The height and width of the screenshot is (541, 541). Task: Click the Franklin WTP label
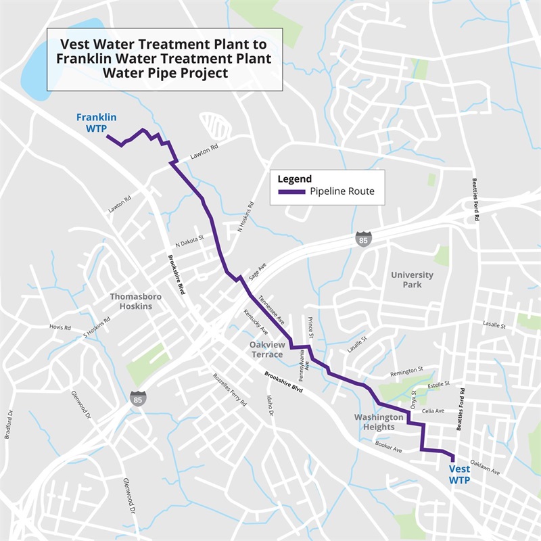tap(96, 122)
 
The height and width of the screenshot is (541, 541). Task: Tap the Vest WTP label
tap(460, 474)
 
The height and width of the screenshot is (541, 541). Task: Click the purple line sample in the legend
tap(291, 192)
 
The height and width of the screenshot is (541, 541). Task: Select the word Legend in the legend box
tap(295, 179)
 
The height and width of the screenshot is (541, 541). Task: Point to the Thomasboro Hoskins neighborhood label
tap(131, 301)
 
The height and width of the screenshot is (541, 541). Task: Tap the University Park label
tap(412, 280)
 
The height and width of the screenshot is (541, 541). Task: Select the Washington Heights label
tap(378, 422)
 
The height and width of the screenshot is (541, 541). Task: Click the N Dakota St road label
tap(189, 241)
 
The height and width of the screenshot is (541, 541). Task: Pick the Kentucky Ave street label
tap(256, 323)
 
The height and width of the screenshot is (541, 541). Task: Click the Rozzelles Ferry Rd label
tap(229, 390)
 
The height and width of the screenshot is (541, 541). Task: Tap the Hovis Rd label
tap(60, 327)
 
